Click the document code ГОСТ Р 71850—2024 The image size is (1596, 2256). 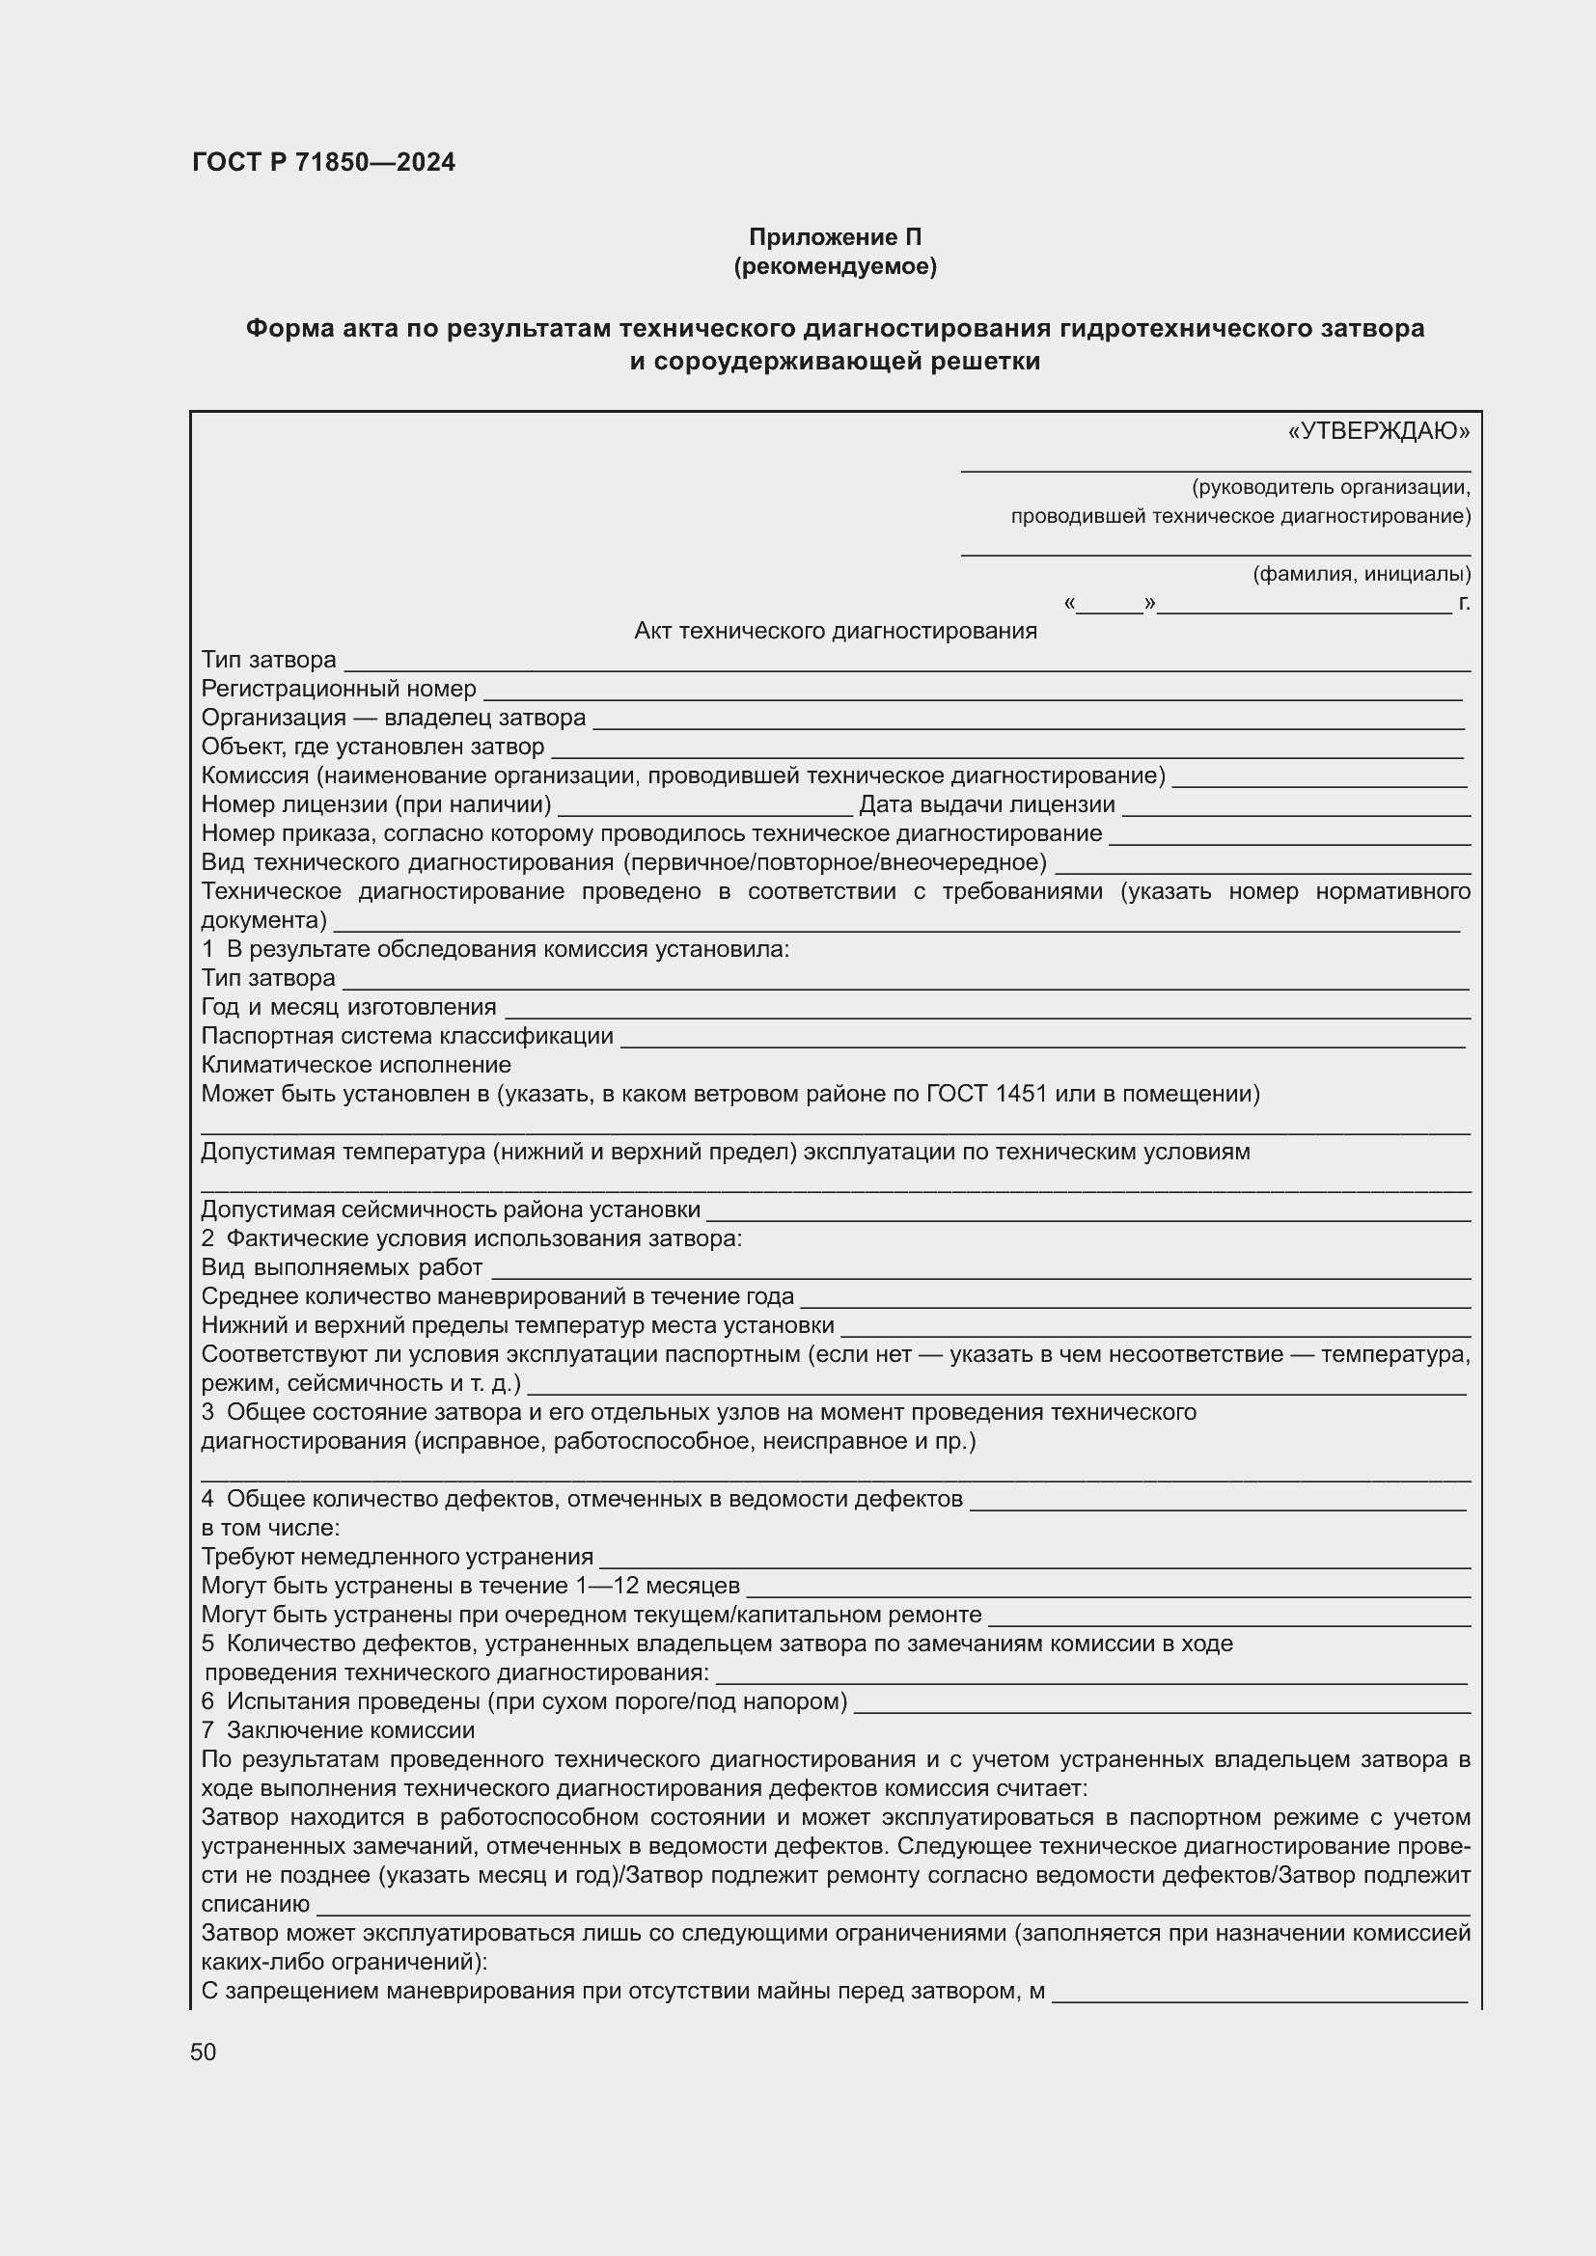click(323, 163)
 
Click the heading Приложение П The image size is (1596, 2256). click(836, 237)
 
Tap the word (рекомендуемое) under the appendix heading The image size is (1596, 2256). click(836, 266)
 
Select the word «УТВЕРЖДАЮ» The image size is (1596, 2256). click(1378, 431)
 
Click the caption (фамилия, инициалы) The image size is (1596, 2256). click(1362, 574)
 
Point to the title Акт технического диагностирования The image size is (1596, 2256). click(836, 631)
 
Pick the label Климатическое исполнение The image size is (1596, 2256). click(356, 1065)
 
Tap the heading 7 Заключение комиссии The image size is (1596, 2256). click(338, 1730)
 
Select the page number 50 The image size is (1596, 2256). click(204, 2052)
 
